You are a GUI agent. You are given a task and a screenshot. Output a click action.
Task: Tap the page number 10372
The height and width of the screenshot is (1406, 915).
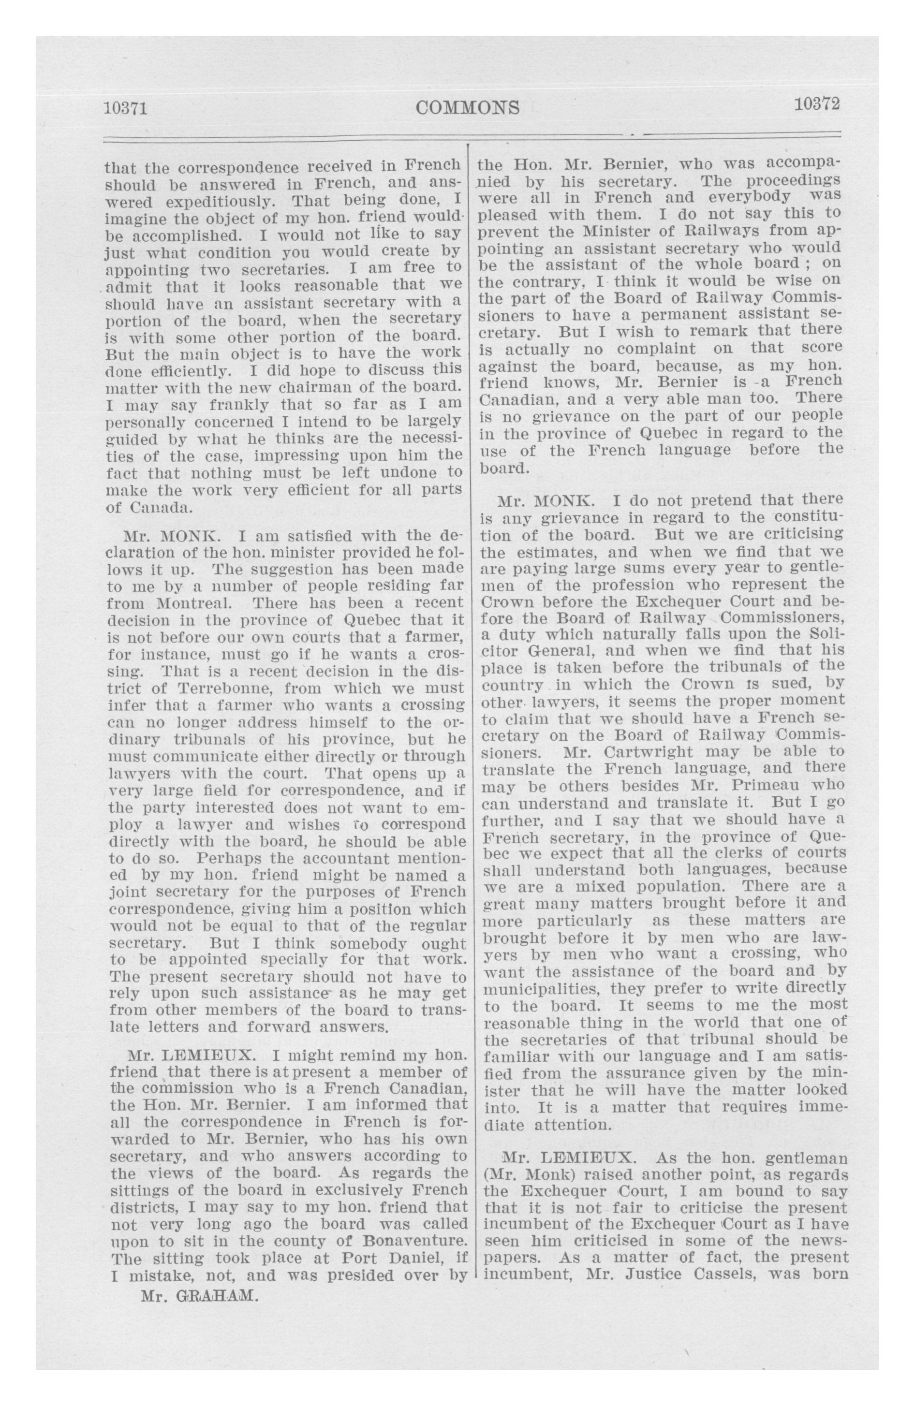click(x=817, y=104)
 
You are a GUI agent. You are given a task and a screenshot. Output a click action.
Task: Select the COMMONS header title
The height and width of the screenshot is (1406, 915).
click(x=468, y=107)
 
